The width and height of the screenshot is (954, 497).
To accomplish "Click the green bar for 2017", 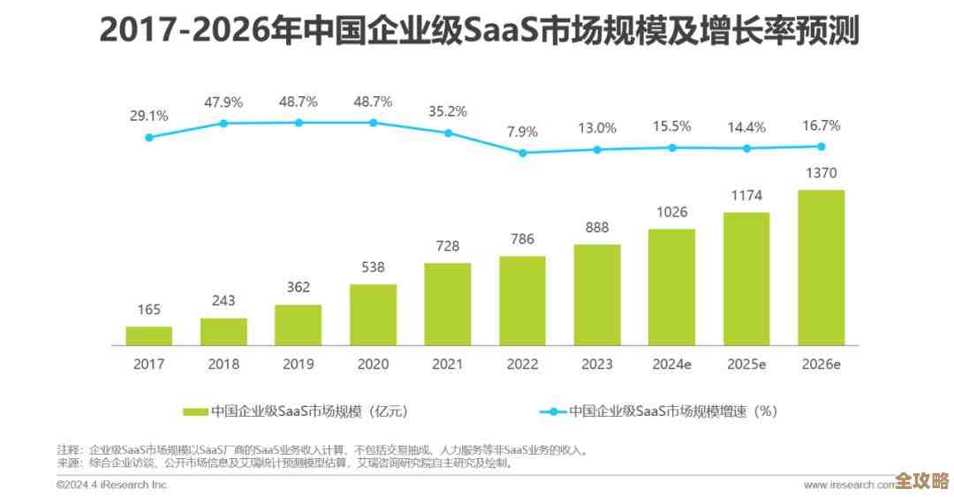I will point(148,335).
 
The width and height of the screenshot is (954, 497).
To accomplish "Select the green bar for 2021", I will point(447,304).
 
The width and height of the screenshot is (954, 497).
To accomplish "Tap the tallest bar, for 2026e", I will point(821,267).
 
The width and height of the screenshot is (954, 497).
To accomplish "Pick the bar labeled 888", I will point(596,294).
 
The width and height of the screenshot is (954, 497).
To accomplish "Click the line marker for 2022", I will point(522,153).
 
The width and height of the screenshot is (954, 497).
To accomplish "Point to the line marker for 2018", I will point(223,124).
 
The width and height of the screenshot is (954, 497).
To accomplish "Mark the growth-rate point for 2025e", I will point(746,148).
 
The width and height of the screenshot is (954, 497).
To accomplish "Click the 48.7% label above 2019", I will point(298,102).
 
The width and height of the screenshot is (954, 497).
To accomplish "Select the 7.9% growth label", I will point(522,132).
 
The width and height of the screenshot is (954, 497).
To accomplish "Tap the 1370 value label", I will point(821,173).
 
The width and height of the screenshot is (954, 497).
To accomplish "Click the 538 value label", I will point(373,267).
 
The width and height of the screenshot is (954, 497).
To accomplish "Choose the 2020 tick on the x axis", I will point(373,363).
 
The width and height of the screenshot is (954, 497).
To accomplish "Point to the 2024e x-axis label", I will point(671,363).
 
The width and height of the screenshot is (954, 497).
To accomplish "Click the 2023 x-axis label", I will point(596,363).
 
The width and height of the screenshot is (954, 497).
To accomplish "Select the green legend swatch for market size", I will point(195,411).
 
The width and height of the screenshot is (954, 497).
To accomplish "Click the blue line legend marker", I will point(552,411).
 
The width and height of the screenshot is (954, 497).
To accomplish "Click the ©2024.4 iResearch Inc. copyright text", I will point(111,485).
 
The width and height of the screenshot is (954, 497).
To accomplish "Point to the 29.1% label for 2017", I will point(148,116).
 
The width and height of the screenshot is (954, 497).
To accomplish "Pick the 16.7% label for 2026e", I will point(821,125).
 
